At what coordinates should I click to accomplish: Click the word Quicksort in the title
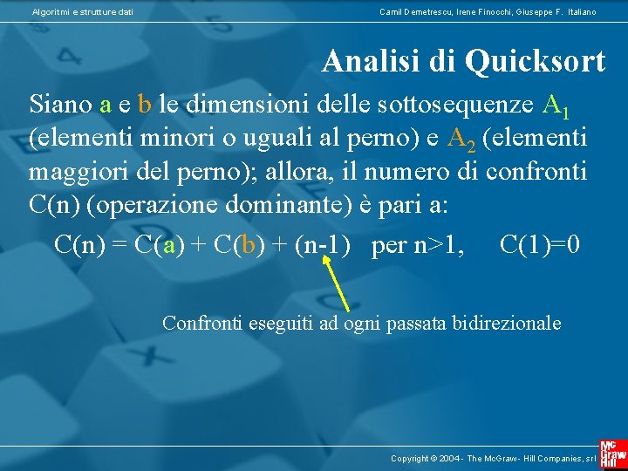pos(536,62)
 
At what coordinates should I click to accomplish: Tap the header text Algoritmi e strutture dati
pos(82,11)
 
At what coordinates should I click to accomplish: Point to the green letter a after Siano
pos(106,105)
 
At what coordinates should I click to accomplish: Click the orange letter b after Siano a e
pos(145,105)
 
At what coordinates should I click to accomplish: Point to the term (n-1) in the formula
pos(323,245)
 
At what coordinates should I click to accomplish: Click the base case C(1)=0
pos(539,245)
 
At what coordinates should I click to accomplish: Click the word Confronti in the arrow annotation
pos(203,323)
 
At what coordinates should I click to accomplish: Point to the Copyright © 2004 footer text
pos(492,458)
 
